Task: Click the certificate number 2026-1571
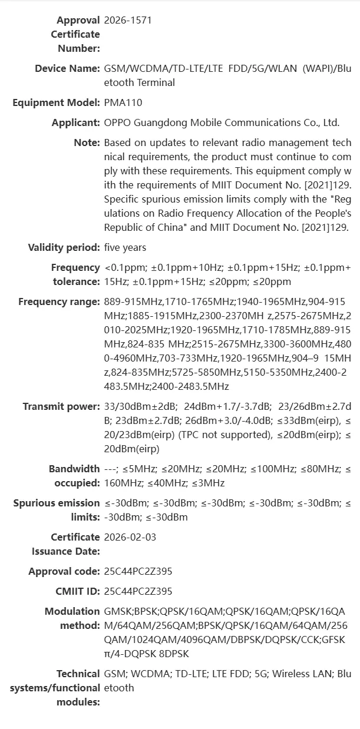(127, 20)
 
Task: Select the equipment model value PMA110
(123, 102)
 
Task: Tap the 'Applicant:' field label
(75, 122)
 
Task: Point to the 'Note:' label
(87, 143)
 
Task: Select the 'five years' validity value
(125, 247)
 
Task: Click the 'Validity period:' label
(64, 247)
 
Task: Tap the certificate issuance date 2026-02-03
(130, 537)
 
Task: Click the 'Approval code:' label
(64, 571)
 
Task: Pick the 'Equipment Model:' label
(56, 102)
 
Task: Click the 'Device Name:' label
(67, 68)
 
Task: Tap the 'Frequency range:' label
(59, 301)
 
